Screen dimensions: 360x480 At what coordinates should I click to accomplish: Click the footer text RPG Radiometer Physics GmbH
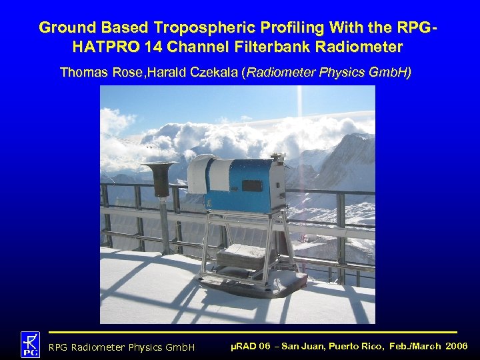click(x=121, y=347)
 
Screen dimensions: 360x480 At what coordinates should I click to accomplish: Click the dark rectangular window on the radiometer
click(x=252, y=185)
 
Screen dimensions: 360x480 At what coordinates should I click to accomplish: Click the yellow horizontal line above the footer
click(x=253, y=331)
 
